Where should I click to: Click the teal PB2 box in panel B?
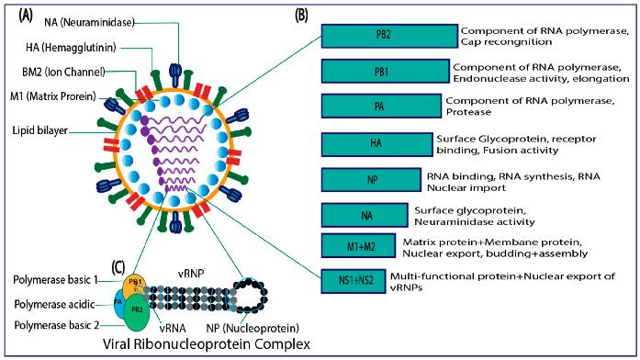[388, 36]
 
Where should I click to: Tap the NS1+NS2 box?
[353, 277]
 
